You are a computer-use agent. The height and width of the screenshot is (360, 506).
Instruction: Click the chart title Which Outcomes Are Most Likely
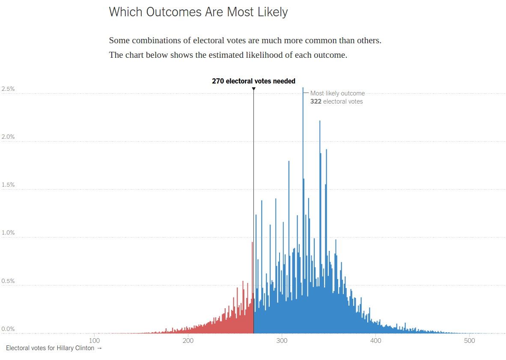click(x=198, y=12)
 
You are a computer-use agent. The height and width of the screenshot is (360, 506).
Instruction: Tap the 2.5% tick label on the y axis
click(x=8, y=89)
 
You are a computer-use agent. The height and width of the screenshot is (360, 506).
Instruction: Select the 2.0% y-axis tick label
click(x=8, y=137)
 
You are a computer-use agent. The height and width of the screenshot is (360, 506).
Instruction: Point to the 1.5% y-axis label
click(x=8, y=185)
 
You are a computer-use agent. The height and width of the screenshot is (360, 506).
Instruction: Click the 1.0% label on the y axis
click(x=8, y=233)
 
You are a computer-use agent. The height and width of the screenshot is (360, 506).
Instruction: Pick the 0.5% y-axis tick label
click(x=8, y=281)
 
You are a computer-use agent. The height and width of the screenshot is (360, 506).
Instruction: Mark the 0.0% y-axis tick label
click(x=8, y=329)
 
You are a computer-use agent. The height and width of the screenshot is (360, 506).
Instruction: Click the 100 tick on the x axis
click(x=95, y=341)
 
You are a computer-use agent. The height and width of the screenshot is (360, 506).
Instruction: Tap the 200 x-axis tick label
click(x=188, y=341)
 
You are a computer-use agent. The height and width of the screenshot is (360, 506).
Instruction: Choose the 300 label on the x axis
click(x=282, y=341)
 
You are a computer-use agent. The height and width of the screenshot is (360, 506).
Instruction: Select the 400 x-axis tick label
click(x=375, y=341)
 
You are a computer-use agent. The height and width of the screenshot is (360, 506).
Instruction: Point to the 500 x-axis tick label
click(x=470, y=341)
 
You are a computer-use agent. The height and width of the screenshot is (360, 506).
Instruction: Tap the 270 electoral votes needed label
click(x=253, y=81)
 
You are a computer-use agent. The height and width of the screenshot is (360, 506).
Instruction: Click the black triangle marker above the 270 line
click(x=254, y=89)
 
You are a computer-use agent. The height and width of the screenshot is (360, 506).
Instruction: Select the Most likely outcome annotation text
click(x=337, y=93)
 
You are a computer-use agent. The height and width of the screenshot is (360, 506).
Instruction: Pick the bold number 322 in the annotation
click(x=316, y=101)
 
